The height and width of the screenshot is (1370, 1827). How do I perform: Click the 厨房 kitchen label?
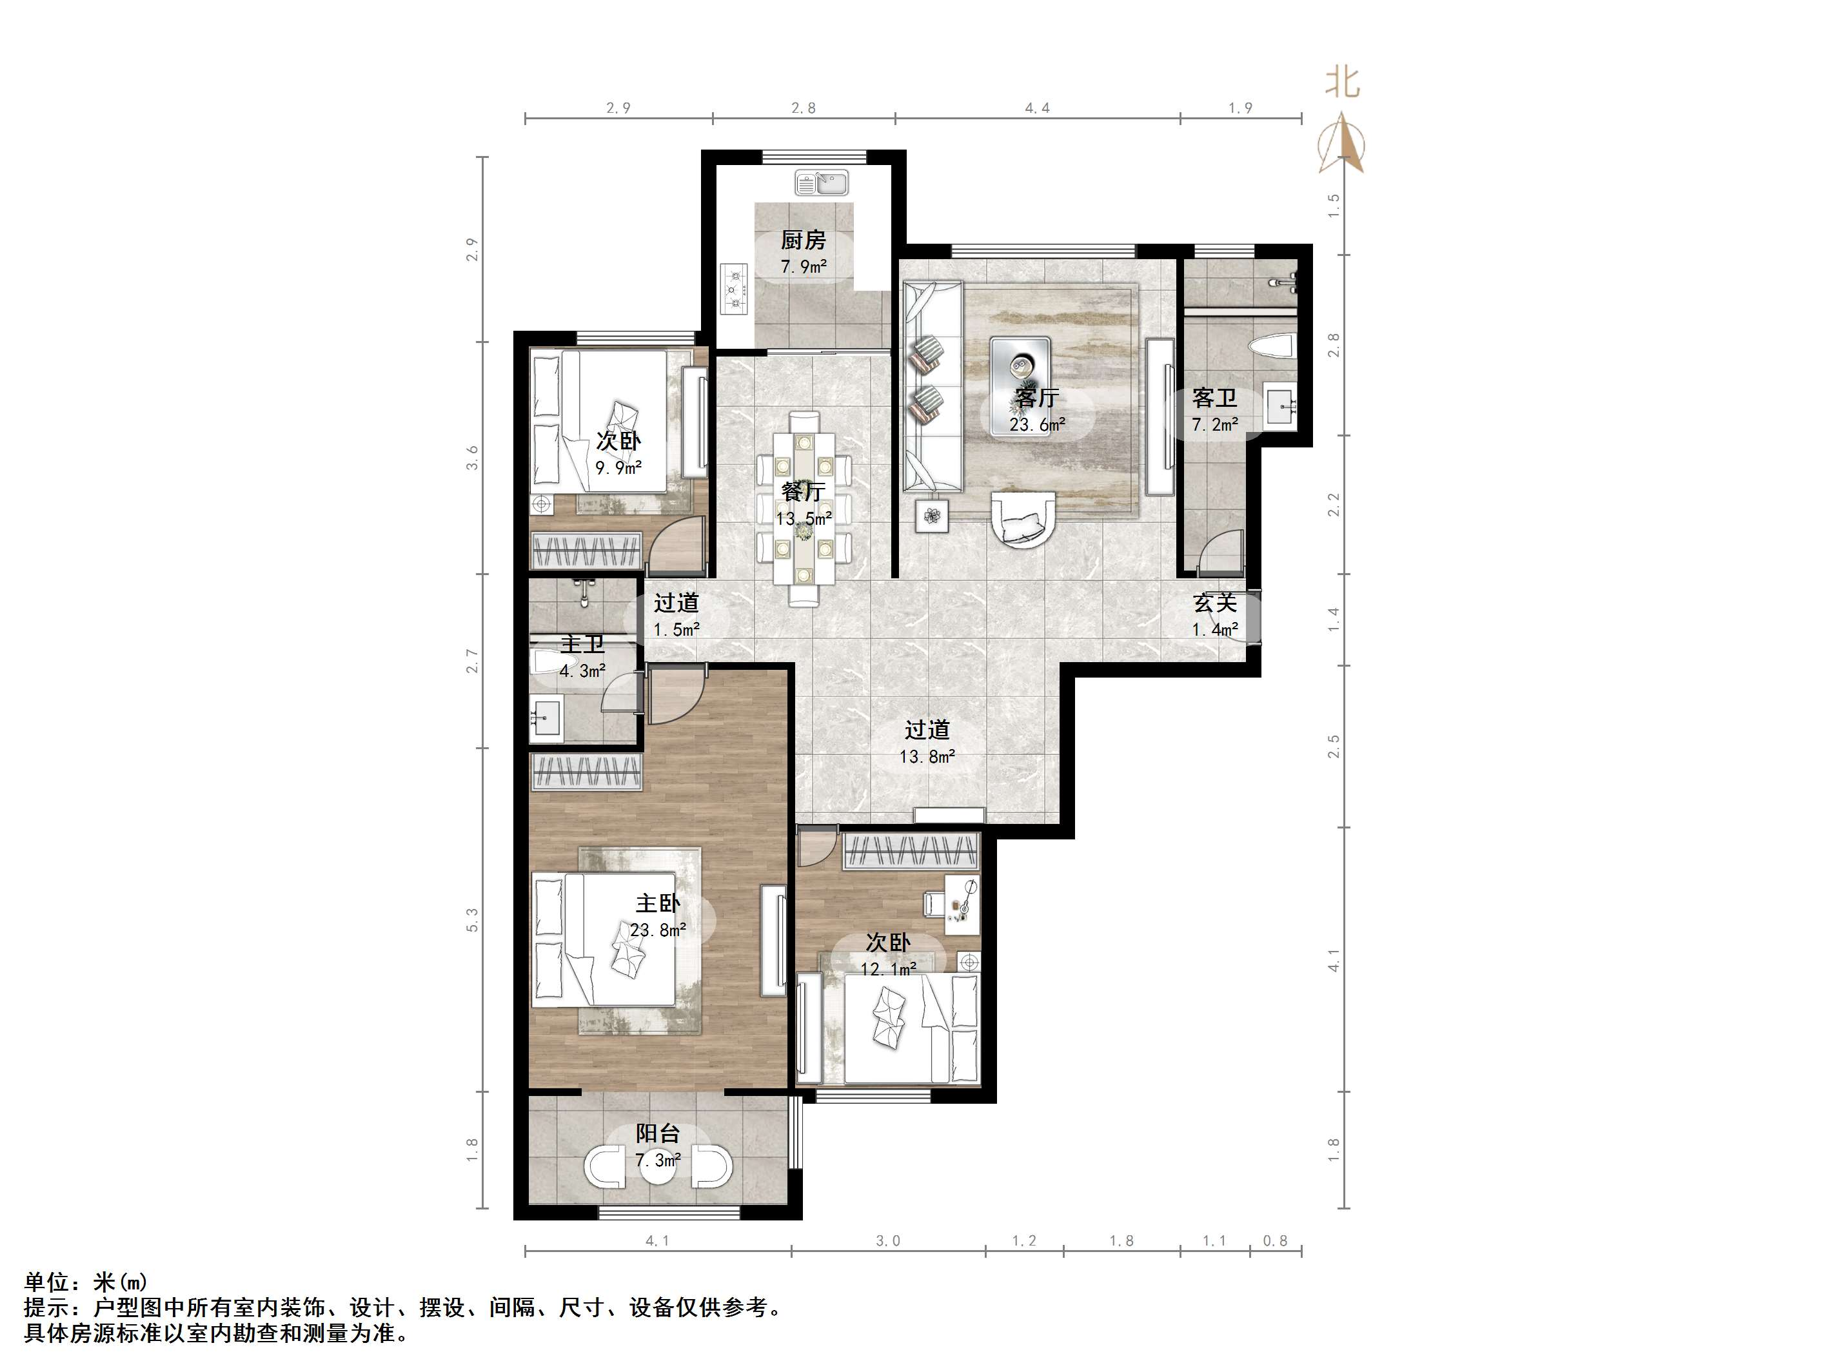coord(803,240)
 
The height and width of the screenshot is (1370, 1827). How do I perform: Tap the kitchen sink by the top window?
coord(822,182)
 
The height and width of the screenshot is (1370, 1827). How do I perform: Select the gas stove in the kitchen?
coord(733,289)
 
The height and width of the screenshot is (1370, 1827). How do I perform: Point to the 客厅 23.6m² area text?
coord(1038,424)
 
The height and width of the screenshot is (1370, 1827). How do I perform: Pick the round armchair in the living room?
coord(1023,518)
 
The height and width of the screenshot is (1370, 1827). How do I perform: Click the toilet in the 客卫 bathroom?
coord(1272,347)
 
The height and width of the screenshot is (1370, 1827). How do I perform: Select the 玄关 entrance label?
coord(1215,603)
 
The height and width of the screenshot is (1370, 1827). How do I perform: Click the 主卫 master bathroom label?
coord(582,644)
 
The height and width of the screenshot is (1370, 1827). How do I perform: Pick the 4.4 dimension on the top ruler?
coord(1038,108)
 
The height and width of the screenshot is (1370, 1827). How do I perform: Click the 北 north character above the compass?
coord(1343,83)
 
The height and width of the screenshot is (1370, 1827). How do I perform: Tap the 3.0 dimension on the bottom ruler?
coord(888,1240)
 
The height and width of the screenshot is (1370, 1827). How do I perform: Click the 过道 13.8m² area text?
coord(927,756)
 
